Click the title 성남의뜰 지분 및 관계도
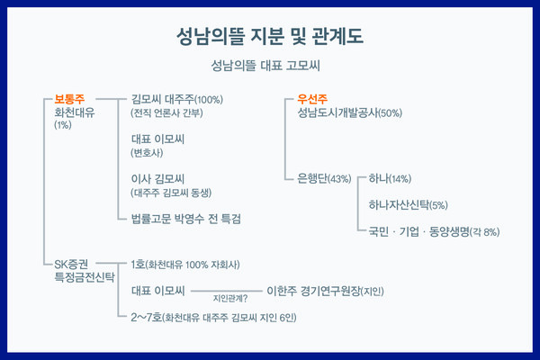[271, 37]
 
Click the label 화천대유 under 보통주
[75, 113]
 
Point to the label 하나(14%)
[389, 178]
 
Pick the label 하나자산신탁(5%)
[408, 205]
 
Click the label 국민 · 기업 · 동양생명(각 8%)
[434, 231]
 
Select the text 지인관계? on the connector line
[230, 297]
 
